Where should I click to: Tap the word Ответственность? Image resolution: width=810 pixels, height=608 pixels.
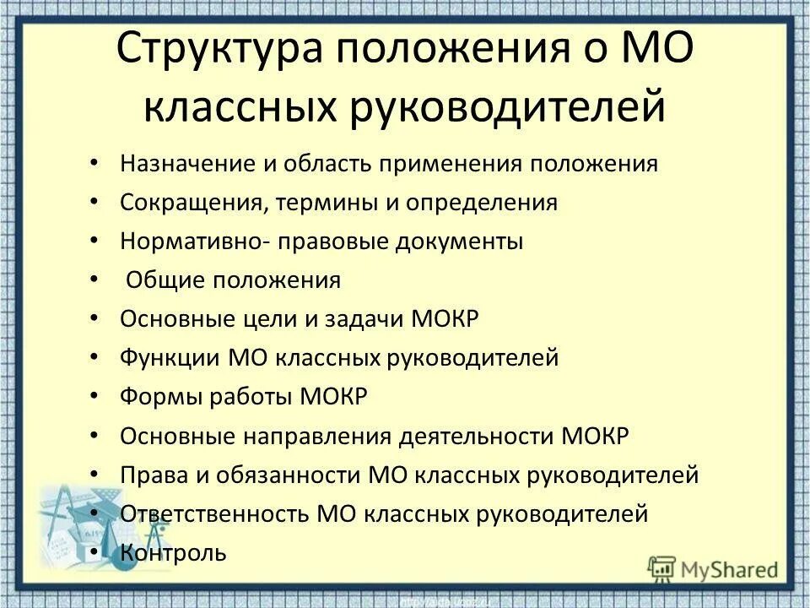(215, 513)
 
